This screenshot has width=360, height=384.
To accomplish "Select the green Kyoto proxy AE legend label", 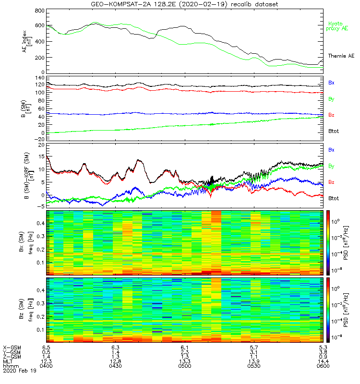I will tap(338, 26).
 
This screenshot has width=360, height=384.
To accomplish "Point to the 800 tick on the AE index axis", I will tap(40, 11).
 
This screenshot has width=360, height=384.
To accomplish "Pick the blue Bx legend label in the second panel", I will tap(331, 83).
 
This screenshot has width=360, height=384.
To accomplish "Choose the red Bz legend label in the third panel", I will tap(331, 182).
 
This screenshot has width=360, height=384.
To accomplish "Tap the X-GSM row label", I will tap(12, 347).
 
